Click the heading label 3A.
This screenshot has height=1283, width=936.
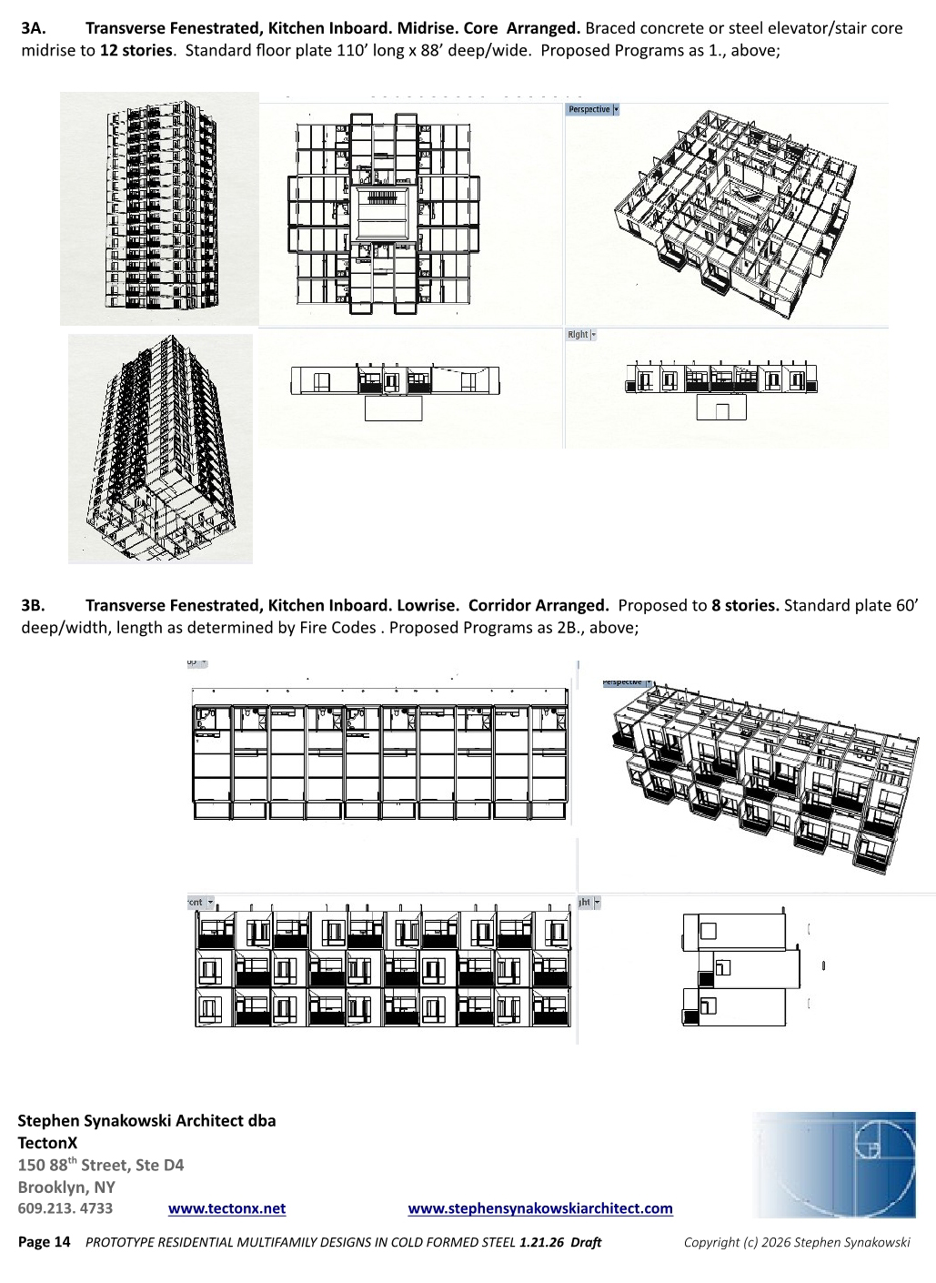click(x=33, y=28)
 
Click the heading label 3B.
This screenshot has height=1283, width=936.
click(x=33, y=605)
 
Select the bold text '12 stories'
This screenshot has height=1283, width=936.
click(x=136, y=50)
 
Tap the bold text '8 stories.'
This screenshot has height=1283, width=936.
click(x=745, y=605)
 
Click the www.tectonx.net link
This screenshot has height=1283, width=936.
click(x=226, y=1208)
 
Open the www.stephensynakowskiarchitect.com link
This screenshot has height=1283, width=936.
click(x=540, y=1208)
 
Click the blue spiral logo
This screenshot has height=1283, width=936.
click(x=834, y=1164)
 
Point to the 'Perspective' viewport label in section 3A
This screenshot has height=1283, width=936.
click(x=589, y=109)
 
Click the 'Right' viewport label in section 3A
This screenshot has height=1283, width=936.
click(x=578, y=335)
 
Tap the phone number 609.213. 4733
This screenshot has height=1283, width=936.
click(x=65, y=1208)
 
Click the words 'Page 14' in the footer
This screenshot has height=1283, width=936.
click(x=44, y=1242)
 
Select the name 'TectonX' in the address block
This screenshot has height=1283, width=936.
click(x=47, y=1143)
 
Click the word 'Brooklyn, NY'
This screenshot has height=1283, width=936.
click(x=66, y=1187)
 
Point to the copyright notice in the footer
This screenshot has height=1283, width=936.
click(x=796, y=1242)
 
